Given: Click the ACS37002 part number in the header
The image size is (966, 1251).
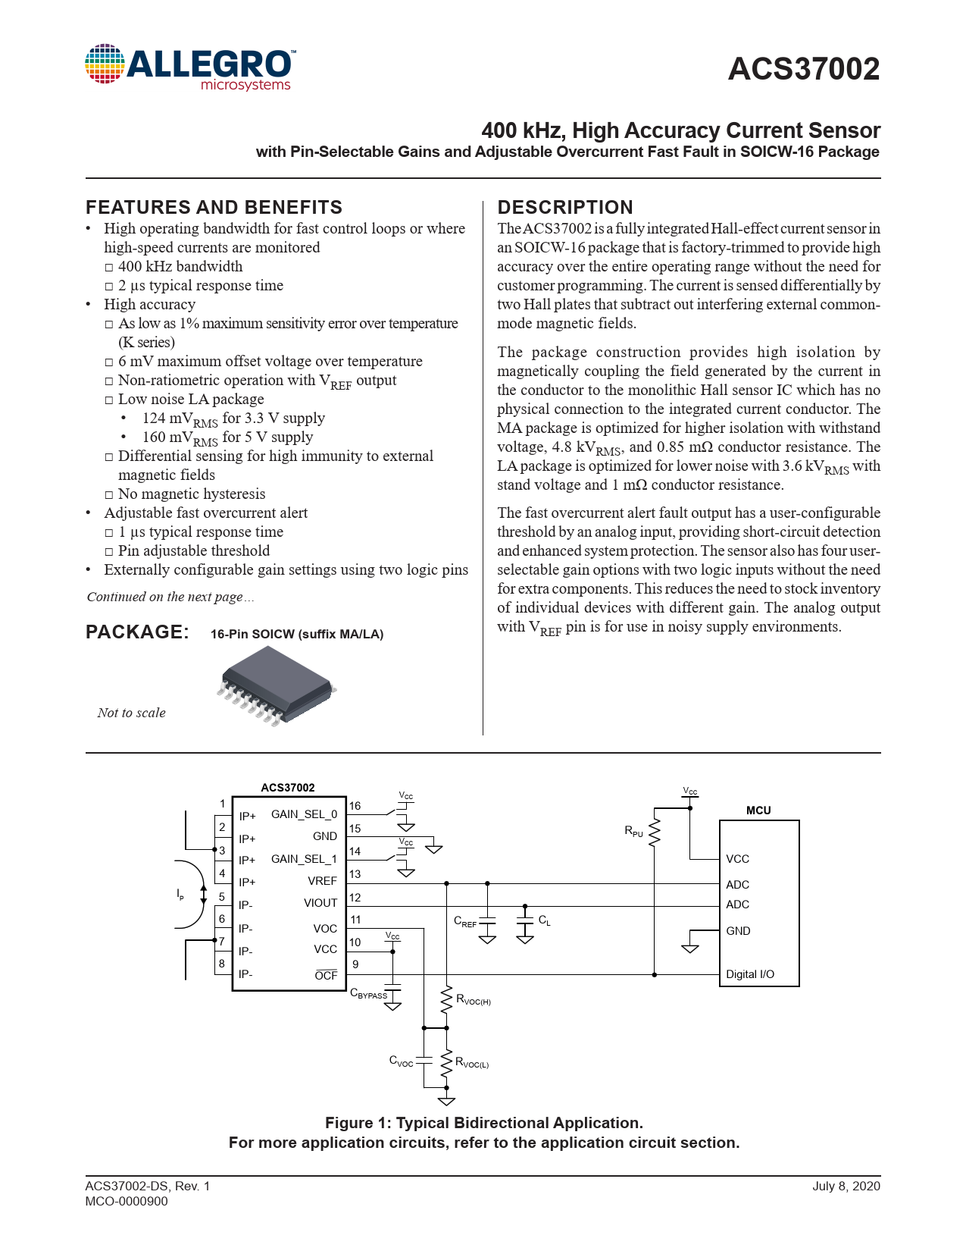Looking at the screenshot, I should pyautogui.click(x=803, y=70).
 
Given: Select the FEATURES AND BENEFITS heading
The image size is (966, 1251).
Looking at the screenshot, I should pyautogui.click(x=214, y=207).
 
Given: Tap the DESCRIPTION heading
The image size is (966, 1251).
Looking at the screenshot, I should pyautogui.click(x=564, y=207).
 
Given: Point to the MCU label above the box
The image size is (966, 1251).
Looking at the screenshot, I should pyautogui.click(x=758, y=810).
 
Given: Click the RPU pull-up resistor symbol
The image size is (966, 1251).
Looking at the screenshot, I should pyautogui.click(x=655, y=832).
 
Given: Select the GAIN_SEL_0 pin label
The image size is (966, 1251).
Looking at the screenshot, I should pyautogui.click(x=304, y=814).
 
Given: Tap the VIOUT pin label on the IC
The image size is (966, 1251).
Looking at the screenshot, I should pyautogui.click(x=320, y=903).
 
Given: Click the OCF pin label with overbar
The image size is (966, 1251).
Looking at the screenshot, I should pyautogui.click(x=326, y=975).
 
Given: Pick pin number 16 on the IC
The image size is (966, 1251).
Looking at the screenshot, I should pyautogui.click(x=355, y=806).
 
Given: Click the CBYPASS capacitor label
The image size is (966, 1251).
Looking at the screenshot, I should pyautogui.click(x=368, y=994).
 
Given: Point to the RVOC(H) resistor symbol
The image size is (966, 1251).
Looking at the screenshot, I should pyautogui.click(x=447, y=999).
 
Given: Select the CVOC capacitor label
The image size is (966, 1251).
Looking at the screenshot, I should pyautogui.click(x=401, y=1061).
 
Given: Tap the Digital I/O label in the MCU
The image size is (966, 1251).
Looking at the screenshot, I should pyautogui.click(x=750, y=974).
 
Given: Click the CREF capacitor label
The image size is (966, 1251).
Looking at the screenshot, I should pyautogui.click(x=465, y=922).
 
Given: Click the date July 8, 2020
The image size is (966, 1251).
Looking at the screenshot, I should pyautogui.click(x=846, y=1186).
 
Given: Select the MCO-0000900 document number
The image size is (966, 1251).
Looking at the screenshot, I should pyautogui.click(x=127, y=1201).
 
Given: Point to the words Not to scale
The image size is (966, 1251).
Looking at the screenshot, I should pyautogui.click(x=131, y=713).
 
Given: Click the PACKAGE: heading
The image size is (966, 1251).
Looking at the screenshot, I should pyautogui.click(x=137, y=632).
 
